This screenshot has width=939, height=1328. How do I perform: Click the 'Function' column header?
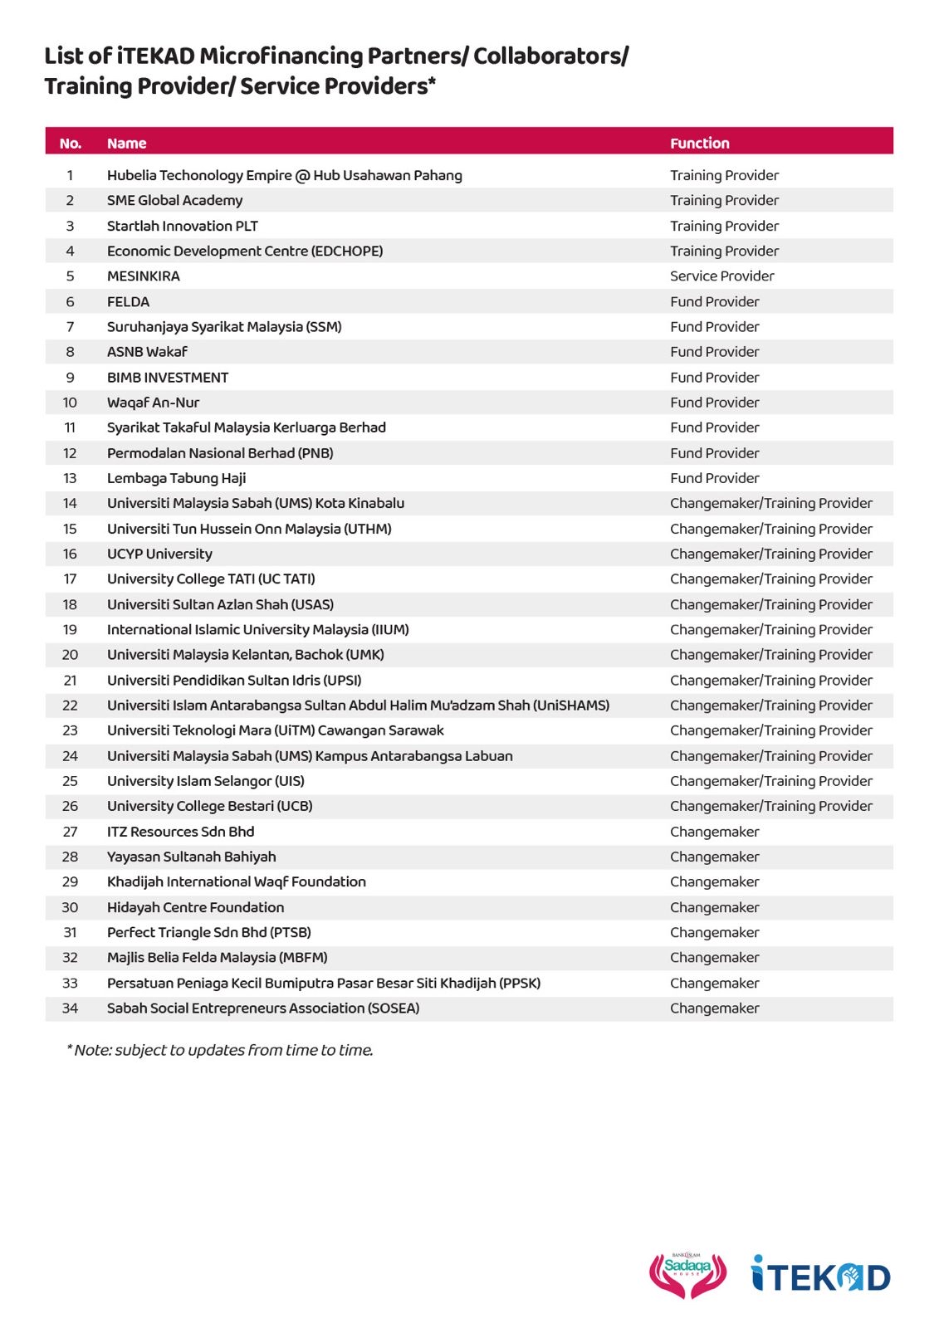tap(699, 143)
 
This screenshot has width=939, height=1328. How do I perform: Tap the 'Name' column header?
tap(126, 143)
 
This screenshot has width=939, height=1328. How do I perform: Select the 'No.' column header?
tap(71, 143)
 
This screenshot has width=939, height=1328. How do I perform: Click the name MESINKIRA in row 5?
tap(143, 276)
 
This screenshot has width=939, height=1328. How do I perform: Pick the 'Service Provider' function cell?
tap(721, 276)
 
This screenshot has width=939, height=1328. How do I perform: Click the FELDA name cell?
tap(128, 301)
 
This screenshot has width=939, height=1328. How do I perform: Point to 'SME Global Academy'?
tap(174, 200)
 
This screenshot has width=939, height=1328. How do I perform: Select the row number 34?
tap(70, 1008)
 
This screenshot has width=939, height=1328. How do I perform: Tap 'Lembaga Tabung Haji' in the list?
tap(176, 478)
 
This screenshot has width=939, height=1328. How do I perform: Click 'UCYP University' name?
tap(159, 554)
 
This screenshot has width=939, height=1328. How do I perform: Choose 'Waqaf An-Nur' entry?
tap(153, 403)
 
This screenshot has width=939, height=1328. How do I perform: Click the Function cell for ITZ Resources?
tap(714, 832)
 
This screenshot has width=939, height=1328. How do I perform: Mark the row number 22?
tap(70, 705)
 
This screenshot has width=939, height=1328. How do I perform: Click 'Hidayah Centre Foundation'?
tap(195, 907)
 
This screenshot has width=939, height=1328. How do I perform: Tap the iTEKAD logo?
tap(820, 1274)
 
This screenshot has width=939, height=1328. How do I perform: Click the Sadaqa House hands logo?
tap(687, 1275)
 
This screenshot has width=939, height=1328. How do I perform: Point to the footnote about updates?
tap(220, 1050)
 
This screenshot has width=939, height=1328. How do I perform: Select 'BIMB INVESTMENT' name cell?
tap(167, 378)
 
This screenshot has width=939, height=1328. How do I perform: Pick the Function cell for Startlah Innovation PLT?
tap(724, 226)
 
